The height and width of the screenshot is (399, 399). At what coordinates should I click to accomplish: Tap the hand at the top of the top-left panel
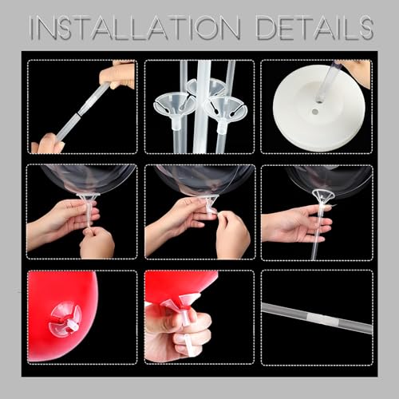[120, 75]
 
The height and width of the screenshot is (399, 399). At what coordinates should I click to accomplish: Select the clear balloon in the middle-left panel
[80, 178]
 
